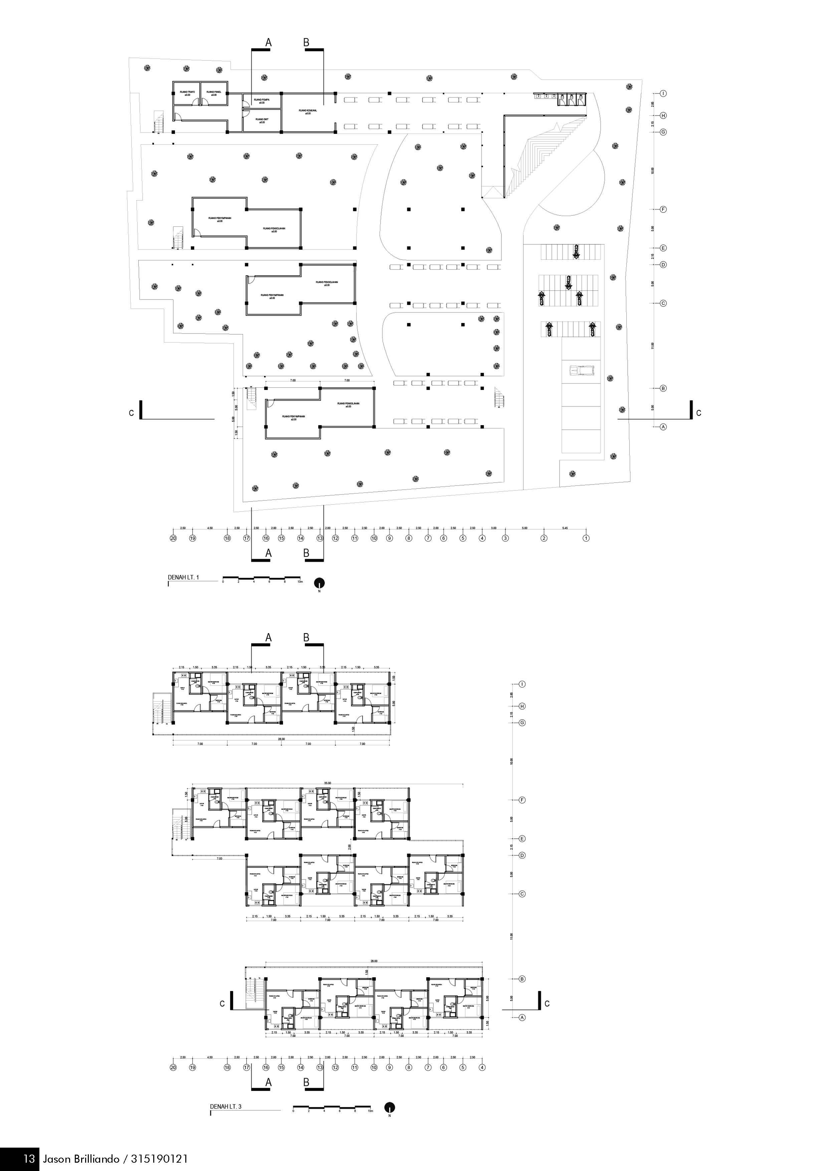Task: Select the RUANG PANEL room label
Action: (214, 92)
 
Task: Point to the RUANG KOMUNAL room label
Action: (308, 110)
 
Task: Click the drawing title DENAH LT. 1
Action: (184, 577)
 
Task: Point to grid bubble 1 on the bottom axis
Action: (586, 538)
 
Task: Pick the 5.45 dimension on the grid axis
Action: (565, 528)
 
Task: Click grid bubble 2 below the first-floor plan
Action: (544, 538)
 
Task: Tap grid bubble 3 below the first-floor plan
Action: (505, 538)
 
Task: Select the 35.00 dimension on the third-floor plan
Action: (327, 783)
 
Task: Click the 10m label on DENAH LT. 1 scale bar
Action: (300, 581)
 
